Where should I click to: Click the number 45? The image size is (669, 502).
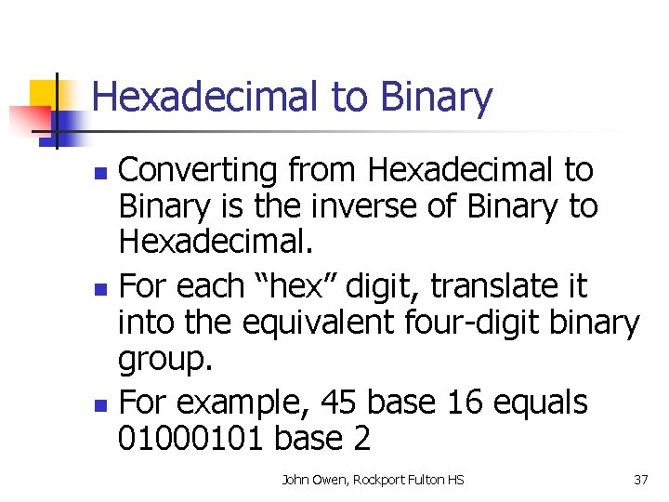coord(339,403)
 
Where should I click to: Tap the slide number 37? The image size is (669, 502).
coord(639,480)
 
